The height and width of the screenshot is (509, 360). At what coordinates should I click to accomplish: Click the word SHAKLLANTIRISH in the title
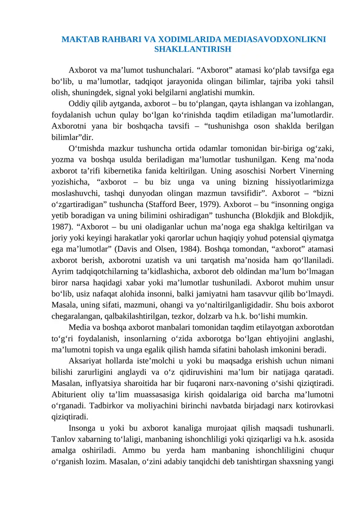(x=193, y=49)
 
